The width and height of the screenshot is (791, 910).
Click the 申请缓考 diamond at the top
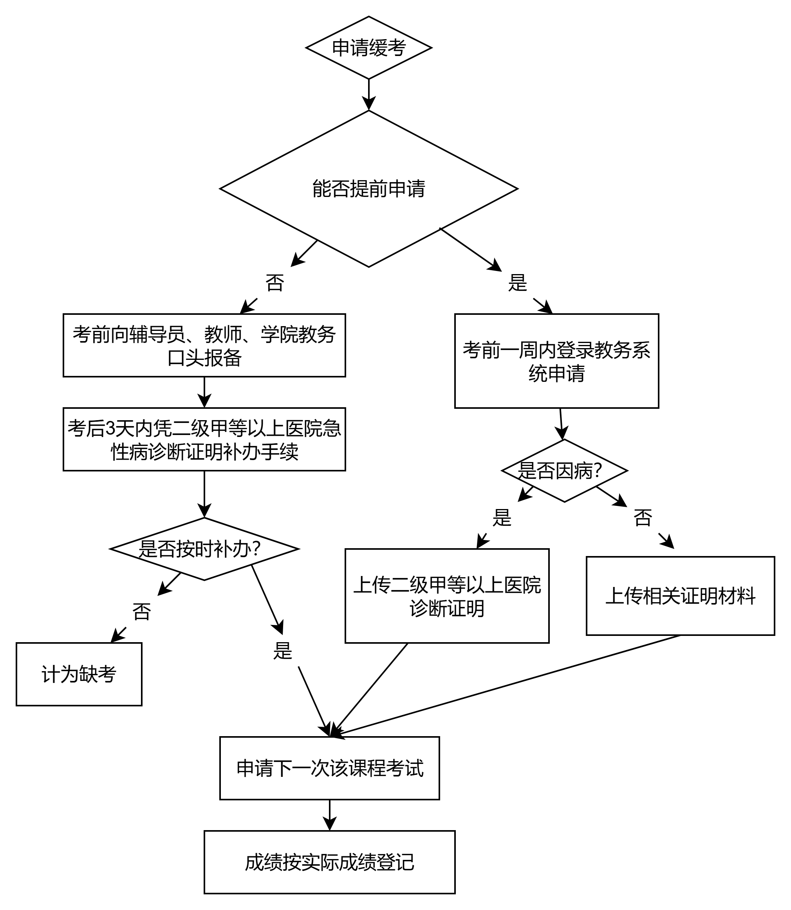(x=368, y=48)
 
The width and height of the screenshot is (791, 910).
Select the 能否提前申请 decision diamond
(x=368, y=188)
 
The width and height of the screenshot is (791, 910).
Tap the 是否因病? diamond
(x=564, y=470)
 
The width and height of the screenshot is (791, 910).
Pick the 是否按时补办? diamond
(x=204, y=549)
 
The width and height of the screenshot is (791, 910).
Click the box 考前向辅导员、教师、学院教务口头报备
(x=204, y=345)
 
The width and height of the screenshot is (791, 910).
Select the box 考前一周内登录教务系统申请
(x=556, y=361)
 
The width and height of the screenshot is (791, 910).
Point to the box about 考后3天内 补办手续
(x=204, y=439)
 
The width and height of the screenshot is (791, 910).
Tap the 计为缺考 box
(x=79, y=674)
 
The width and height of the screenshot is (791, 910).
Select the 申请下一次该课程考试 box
(x=329, y=768)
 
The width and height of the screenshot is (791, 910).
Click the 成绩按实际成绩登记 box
(x=329, y=862)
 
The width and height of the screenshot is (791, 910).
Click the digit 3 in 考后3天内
(x=110, y=428)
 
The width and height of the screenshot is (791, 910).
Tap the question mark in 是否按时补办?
(x=256, y=549)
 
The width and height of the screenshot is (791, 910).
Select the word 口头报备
(x=204, y=357)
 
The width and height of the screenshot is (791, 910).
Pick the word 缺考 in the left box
(x=98, y=674)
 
